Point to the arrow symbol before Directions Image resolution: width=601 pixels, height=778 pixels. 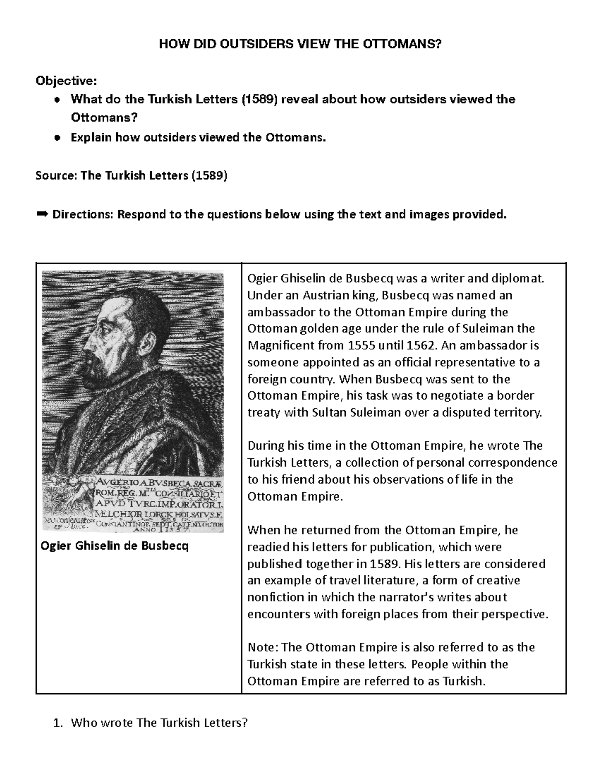[x=42, y=215]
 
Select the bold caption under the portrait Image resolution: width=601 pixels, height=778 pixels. [x=114, y=546]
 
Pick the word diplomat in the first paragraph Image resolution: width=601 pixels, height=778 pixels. [x=519, y=278]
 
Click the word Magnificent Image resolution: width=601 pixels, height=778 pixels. [x=277, y=345]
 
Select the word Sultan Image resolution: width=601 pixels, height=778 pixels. [x=328, y=412]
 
